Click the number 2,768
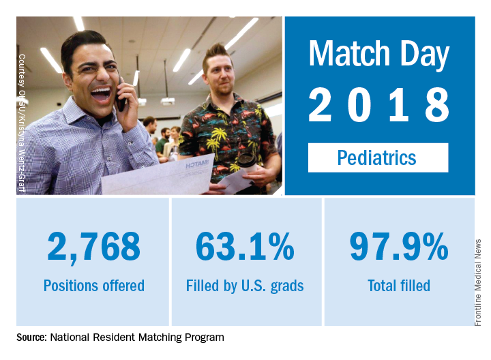93,246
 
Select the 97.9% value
399,246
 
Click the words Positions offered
93,286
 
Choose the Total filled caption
399,286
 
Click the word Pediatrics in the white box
377,158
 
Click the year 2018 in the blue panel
378,106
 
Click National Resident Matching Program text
137,337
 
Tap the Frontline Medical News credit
478,282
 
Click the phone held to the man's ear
121,95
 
